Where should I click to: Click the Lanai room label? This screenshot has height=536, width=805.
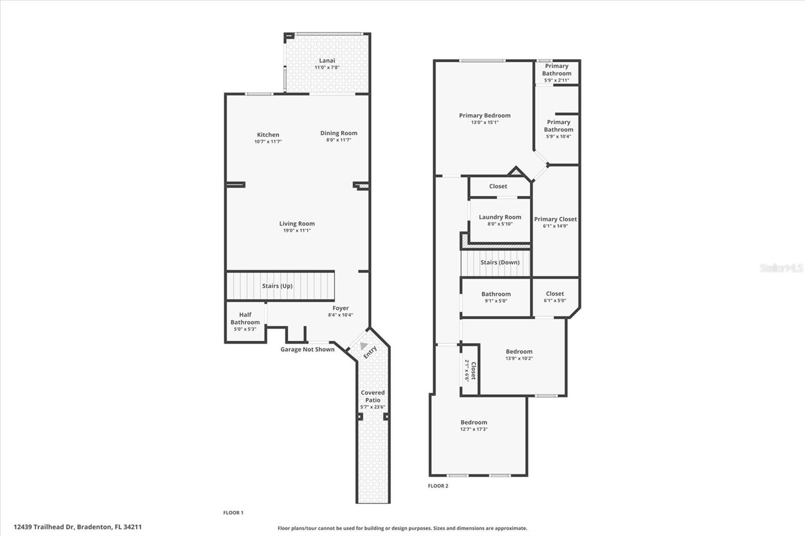coord(327,61)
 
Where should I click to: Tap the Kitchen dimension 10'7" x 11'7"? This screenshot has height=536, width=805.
coord(268,142)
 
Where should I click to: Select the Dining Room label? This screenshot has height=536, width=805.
coord(339,133)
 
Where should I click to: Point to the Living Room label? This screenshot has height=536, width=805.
coord(297,224)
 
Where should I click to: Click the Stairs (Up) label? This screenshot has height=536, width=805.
coord(277,286)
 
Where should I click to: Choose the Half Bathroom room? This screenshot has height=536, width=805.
coord(245,322)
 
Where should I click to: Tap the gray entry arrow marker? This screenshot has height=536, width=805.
coord(363,345)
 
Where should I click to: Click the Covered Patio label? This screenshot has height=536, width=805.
coord(373,396)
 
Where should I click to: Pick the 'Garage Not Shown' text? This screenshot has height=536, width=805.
coord(307,349)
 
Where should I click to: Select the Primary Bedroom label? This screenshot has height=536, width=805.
coord(485,116)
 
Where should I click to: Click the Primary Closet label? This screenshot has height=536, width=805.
coord(555,219)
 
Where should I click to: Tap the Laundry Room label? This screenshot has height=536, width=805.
coord(500,217)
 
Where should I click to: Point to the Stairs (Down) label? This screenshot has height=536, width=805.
coord(500,262)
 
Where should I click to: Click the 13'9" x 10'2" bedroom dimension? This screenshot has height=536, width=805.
coord(519,359)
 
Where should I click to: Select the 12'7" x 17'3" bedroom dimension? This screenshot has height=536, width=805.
coord(474,429)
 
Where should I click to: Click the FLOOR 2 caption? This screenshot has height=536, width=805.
coord(438,486)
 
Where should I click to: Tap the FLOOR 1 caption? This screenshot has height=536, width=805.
coord(233,512)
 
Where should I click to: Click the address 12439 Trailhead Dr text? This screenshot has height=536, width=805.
coord(77,527)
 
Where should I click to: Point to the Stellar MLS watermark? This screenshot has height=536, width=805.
coord(781,268)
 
